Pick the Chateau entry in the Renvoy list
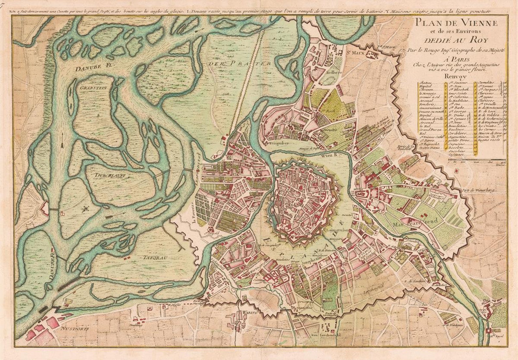tap(425, 82)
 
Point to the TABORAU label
tap(155, 258)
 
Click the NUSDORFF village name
tap(75, 329)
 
